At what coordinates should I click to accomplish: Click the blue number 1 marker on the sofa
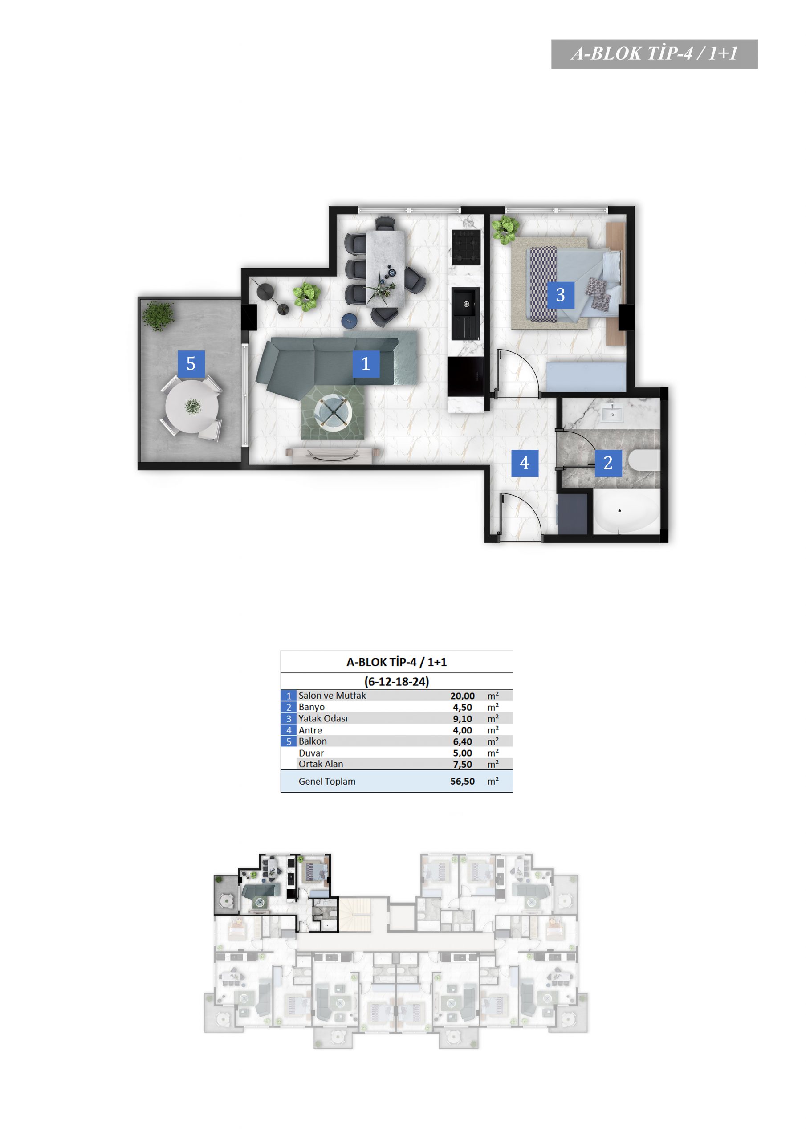click(366, 363)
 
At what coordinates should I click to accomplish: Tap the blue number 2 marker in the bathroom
click(608, 463)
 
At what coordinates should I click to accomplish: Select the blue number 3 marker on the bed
click(561, 295)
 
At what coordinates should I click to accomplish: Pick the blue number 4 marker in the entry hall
click(525, 463)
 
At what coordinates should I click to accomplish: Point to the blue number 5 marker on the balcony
click(191, 363)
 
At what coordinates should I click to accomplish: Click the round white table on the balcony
click(191, 406)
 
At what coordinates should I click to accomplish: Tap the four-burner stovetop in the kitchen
click(466, 247)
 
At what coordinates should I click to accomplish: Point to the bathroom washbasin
click(612, 413)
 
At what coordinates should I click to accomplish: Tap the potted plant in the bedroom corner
click(505, 229)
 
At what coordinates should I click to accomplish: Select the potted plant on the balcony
click(159, 316)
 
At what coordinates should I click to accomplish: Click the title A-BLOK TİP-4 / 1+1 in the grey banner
click(655, 53)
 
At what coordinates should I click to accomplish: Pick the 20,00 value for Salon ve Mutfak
click(462, 696)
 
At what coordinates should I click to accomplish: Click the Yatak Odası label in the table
click(323, 718)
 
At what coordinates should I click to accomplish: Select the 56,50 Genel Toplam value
click(462, 781)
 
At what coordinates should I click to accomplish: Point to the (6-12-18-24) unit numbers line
click(396, 681)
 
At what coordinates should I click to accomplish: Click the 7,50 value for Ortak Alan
click(462, 765)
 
